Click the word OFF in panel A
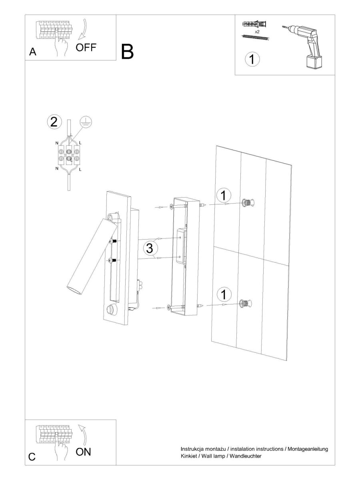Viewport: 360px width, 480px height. (86, 48)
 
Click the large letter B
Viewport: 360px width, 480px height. (127, 52)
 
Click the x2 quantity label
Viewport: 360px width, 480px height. (257, 32)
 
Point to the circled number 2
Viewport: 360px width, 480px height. (54, 122)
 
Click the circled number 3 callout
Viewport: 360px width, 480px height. (149, 248)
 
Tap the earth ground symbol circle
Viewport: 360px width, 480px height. (86, 122)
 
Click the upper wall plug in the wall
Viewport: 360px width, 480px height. (248, 203)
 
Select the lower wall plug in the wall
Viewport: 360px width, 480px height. (246, 303)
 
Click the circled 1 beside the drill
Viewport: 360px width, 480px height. (252, 59)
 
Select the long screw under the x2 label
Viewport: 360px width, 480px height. (256, 37)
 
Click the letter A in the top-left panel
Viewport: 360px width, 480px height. (32, 52)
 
